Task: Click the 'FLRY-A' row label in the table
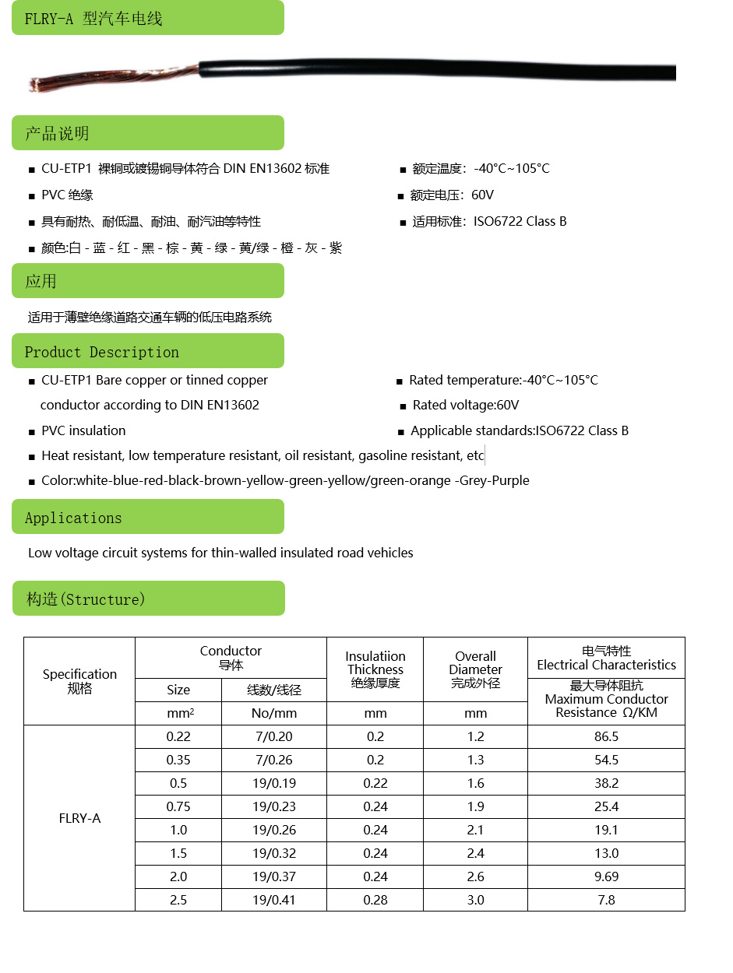79,818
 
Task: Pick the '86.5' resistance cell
606,736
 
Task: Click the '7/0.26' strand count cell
274,760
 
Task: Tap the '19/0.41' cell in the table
274,900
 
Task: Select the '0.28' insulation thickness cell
375,900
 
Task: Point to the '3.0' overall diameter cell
475,900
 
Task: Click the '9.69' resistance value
606,876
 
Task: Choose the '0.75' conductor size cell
178,806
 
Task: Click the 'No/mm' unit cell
274,713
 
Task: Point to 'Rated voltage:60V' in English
465,406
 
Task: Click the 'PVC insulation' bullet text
83,430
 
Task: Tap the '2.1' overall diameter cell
475,830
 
